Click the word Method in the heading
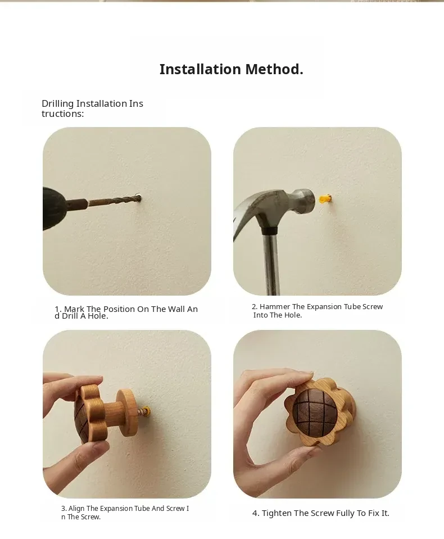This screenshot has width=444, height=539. [274, 69]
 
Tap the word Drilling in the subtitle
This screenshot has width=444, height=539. [58, 104]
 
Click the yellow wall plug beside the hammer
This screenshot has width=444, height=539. [325, 199]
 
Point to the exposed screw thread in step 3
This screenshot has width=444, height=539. [141, 411]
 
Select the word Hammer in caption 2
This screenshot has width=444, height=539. [275, 307]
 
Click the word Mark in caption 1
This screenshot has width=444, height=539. [74, 309]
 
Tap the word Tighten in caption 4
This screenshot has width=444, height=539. [277, 513]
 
